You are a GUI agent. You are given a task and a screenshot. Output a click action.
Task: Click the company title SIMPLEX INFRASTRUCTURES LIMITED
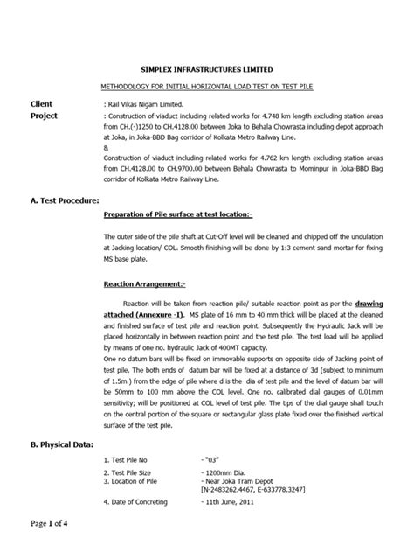(207, 68)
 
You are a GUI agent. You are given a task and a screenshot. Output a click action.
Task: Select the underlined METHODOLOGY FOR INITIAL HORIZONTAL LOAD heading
(207, 88)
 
